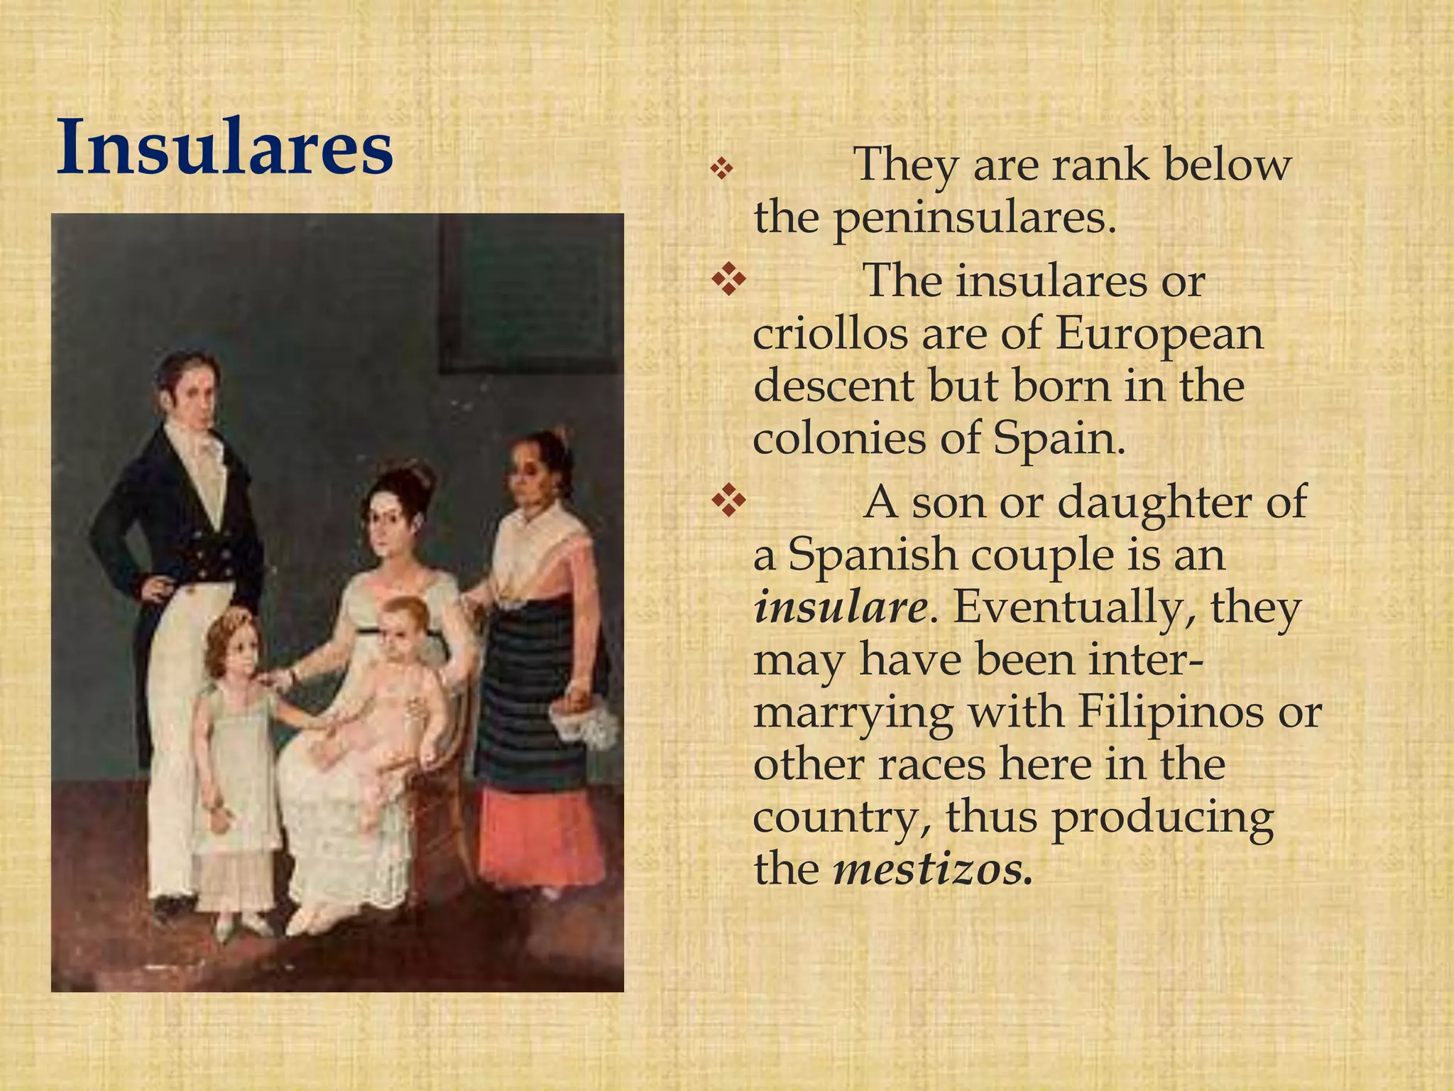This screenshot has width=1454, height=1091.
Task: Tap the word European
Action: point(1159,334)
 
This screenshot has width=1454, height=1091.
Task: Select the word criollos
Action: point(830,334)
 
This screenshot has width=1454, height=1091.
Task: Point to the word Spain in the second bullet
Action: point(1059,438)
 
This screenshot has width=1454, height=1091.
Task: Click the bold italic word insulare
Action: point(840,608)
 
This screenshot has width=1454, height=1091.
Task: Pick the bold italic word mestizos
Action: point(932,868)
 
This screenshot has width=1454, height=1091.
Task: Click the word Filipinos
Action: point(1170,712)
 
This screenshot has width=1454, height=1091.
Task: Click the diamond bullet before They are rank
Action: point(721,170)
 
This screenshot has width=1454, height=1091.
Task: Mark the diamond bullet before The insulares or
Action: point(728,280)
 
